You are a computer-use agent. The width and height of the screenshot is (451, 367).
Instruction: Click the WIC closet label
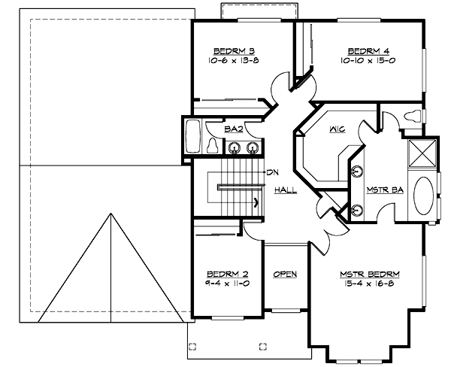pos(337,129)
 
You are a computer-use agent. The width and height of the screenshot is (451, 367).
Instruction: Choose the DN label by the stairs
pos(274,171)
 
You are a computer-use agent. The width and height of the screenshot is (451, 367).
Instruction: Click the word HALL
pos(285,190)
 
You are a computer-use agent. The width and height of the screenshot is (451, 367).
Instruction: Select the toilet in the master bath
pos(412,115)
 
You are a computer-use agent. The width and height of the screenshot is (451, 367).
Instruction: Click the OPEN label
pos(284,274)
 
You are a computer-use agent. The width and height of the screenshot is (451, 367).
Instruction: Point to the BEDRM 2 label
pos(222,274)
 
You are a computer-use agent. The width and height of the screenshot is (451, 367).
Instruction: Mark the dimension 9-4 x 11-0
pos(222,284)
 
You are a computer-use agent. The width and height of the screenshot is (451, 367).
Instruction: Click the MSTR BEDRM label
pos(369,274)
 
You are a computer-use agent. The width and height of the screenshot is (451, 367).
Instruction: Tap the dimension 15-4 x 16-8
pos(369,284)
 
